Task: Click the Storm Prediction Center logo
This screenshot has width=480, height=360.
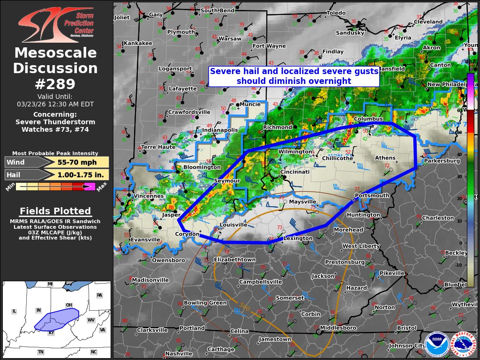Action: pyautogui.click(x=55, y=24)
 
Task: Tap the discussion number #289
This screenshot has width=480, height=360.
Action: pyautogui.click(x=55, y=84)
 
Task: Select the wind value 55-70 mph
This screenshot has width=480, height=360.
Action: pyautogui.click(x=77, y=162)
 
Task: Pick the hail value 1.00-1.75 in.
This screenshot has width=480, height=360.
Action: pyautogui.click(x=77, y=175)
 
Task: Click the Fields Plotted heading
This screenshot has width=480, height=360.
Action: pyautogui.click(x=55, y=211)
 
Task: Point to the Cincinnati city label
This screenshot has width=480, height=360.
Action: pyautogui.click(x=295, y=172)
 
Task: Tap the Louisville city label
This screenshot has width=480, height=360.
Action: pyautogui.click(x=233, y=225)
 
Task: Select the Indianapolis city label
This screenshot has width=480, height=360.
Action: pyautogui.click(x=220, y=130)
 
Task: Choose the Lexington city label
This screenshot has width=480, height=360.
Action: pyautogui.click(x=298, y=239)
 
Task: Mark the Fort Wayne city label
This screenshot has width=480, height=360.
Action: pyautogui.click(x=269, y=46)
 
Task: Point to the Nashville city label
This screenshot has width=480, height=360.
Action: pyautogui.click(x=179, y=353)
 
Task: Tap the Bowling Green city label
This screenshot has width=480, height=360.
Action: pyautogui.click(x=205, y=303)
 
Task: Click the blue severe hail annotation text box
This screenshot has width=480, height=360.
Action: pyautogui.click(x=294, y=76)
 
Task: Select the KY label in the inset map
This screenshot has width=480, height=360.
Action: pyautogui.click(x=52, y=332)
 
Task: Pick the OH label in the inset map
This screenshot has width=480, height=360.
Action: pyautogui.click(x=69, y=305)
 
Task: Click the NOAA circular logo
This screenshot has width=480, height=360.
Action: pyautogui.click(x=436, y=345)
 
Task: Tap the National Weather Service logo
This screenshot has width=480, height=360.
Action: pyautogui.click(x=463, y=345)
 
